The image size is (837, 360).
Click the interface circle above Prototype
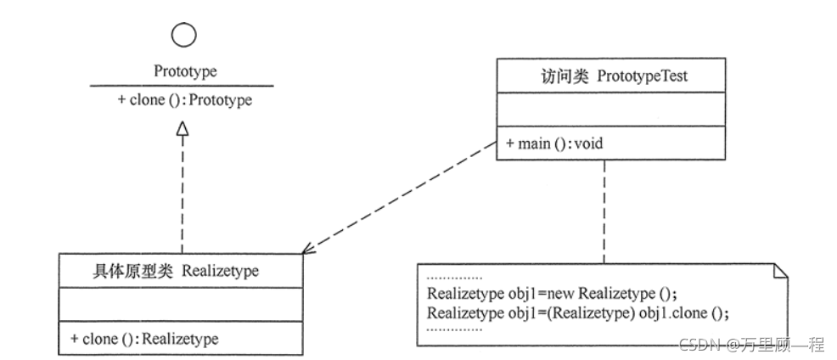pyautogui.click(x=183, y=35)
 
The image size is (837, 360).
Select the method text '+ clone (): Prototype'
pyautogui.click(x=185, y=99)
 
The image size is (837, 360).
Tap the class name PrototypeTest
pyautogui.click(x=643, y=76)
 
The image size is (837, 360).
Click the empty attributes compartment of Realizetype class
pyautogui.click(x=180, y=304)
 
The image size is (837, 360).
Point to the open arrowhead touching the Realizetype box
pyautogui.click(x=306, y=250)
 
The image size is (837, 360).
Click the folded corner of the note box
pyautogui.click(x=781, y=271)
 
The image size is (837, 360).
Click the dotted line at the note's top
pyautogui.click(x=454, y=278)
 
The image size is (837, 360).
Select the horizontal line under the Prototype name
pyautogui.click(x=182, y=85)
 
